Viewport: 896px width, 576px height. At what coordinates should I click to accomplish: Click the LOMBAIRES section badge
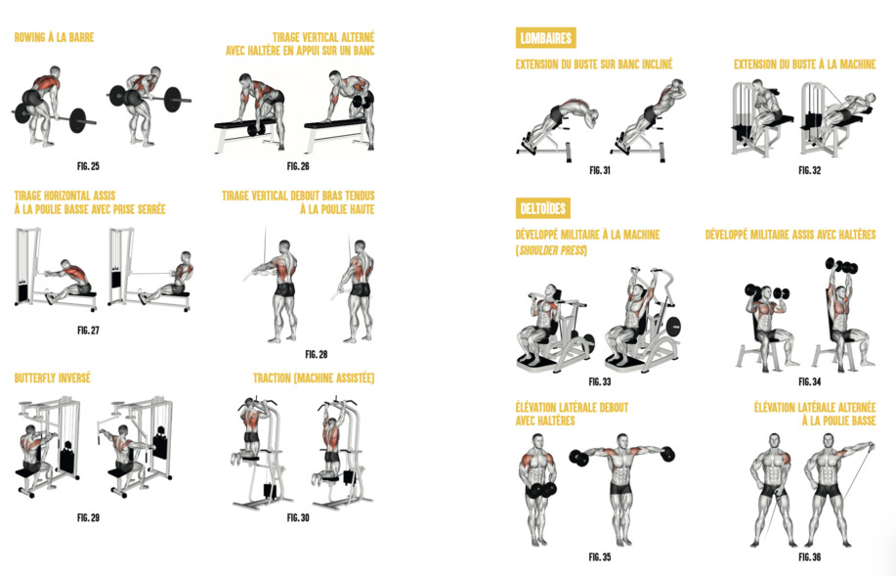(x=546, y=38)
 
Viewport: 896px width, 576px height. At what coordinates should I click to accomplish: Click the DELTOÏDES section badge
(x=543, y=208)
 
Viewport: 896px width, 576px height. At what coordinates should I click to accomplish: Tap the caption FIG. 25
(x=88, y=166)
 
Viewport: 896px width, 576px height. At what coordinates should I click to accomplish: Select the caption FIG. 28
(x=316, y=355)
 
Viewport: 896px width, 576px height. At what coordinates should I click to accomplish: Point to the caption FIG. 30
(x=298, y=517)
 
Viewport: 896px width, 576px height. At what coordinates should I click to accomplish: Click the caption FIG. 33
(x=599, y=382)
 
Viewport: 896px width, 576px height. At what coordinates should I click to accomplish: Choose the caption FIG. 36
(x=809, y=557)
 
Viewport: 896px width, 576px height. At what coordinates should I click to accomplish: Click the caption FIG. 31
(x=599, y=170)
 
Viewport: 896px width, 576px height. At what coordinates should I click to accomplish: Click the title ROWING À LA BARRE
(x=55, y=38)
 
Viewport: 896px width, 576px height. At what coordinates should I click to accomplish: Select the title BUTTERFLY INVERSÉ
(x=53, y=378)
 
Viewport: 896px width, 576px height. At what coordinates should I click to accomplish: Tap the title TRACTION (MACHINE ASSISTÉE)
(x=314, y=378)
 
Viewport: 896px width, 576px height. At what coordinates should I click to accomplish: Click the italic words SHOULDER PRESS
(x=552, y=250)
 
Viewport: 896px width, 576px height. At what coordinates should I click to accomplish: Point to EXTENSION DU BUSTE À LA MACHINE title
(x=804, y=65)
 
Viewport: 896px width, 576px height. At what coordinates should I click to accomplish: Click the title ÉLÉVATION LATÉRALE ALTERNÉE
(x=815, y=407)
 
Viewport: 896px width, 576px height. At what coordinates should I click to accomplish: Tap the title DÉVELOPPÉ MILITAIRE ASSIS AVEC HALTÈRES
(x=790, y=235)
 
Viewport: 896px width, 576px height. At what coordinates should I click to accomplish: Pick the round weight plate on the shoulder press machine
(x=674, y=326)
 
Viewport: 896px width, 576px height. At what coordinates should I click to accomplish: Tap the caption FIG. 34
(x=809, y=382)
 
